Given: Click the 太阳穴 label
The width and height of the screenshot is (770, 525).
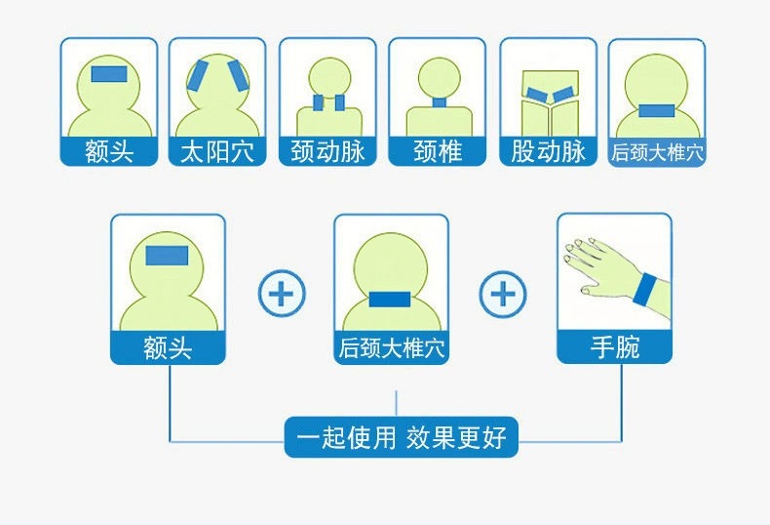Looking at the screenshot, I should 217,152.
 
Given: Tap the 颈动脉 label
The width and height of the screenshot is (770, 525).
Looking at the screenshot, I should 327,152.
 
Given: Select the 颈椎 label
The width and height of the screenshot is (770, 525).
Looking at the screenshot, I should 437,152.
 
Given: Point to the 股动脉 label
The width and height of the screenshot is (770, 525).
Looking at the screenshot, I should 547,152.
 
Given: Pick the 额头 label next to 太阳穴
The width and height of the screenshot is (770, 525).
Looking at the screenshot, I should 108,152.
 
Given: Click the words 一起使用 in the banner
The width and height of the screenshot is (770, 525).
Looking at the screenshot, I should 346,437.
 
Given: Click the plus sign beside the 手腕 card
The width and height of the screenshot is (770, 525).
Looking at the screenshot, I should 503,292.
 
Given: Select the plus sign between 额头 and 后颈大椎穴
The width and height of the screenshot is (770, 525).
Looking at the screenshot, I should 281,292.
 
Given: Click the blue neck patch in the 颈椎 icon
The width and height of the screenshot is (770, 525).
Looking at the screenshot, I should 437,102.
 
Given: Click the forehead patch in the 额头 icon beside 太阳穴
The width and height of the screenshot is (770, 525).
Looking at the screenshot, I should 108,74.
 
